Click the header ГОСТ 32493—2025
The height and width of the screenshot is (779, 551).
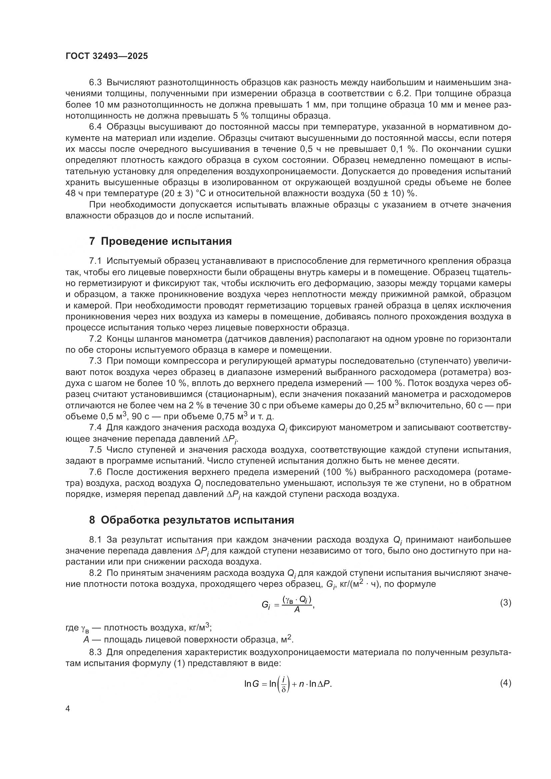pos(107,56)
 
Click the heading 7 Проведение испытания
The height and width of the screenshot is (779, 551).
pos(160,241)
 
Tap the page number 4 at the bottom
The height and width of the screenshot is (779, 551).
pos(68,709)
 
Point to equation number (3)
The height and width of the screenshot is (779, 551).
pos(505,603)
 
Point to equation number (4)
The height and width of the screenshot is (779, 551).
pos(505,683)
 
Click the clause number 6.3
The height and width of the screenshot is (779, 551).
pos(95,83)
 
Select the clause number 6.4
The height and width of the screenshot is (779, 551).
pos(95,127)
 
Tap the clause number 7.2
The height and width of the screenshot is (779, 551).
pos(95,339)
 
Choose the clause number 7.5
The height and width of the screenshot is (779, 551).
pos(95,450)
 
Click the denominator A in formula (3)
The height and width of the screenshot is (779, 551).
pos(297,610)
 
